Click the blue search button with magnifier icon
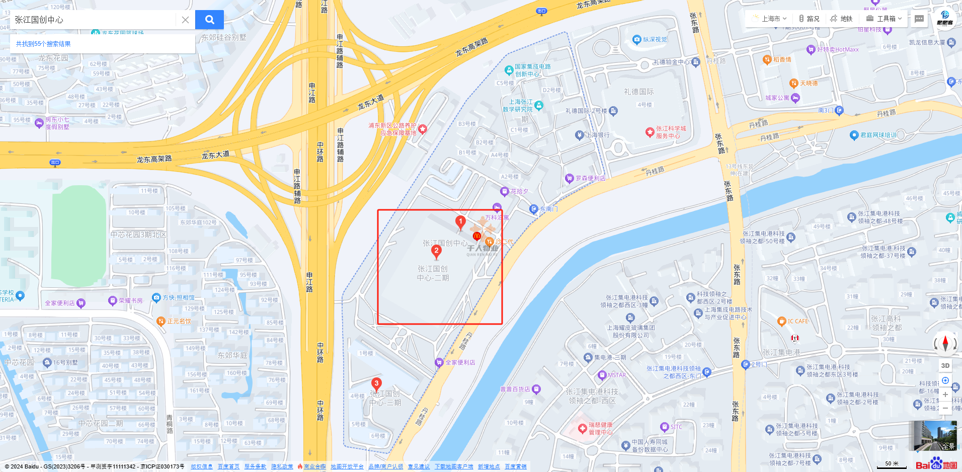[209, 20]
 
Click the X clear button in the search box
[185, 20]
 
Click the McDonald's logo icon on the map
[476, 236]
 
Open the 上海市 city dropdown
[770, 19]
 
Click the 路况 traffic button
[809, 19]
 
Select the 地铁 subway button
[842, 19]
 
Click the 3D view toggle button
[945, 366]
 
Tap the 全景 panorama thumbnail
[935, 436]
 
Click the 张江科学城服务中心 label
[670, 132]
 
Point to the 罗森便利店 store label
[590, 178]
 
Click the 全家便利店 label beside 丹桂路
[460, 362]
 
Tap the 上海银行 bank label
[597, 135]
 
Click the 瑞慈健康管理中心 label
[600, 429]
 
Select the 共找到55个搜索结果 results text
[43, 44]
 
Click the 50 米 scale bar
[892, 464]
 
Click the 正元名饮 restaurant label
[179, 321]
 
